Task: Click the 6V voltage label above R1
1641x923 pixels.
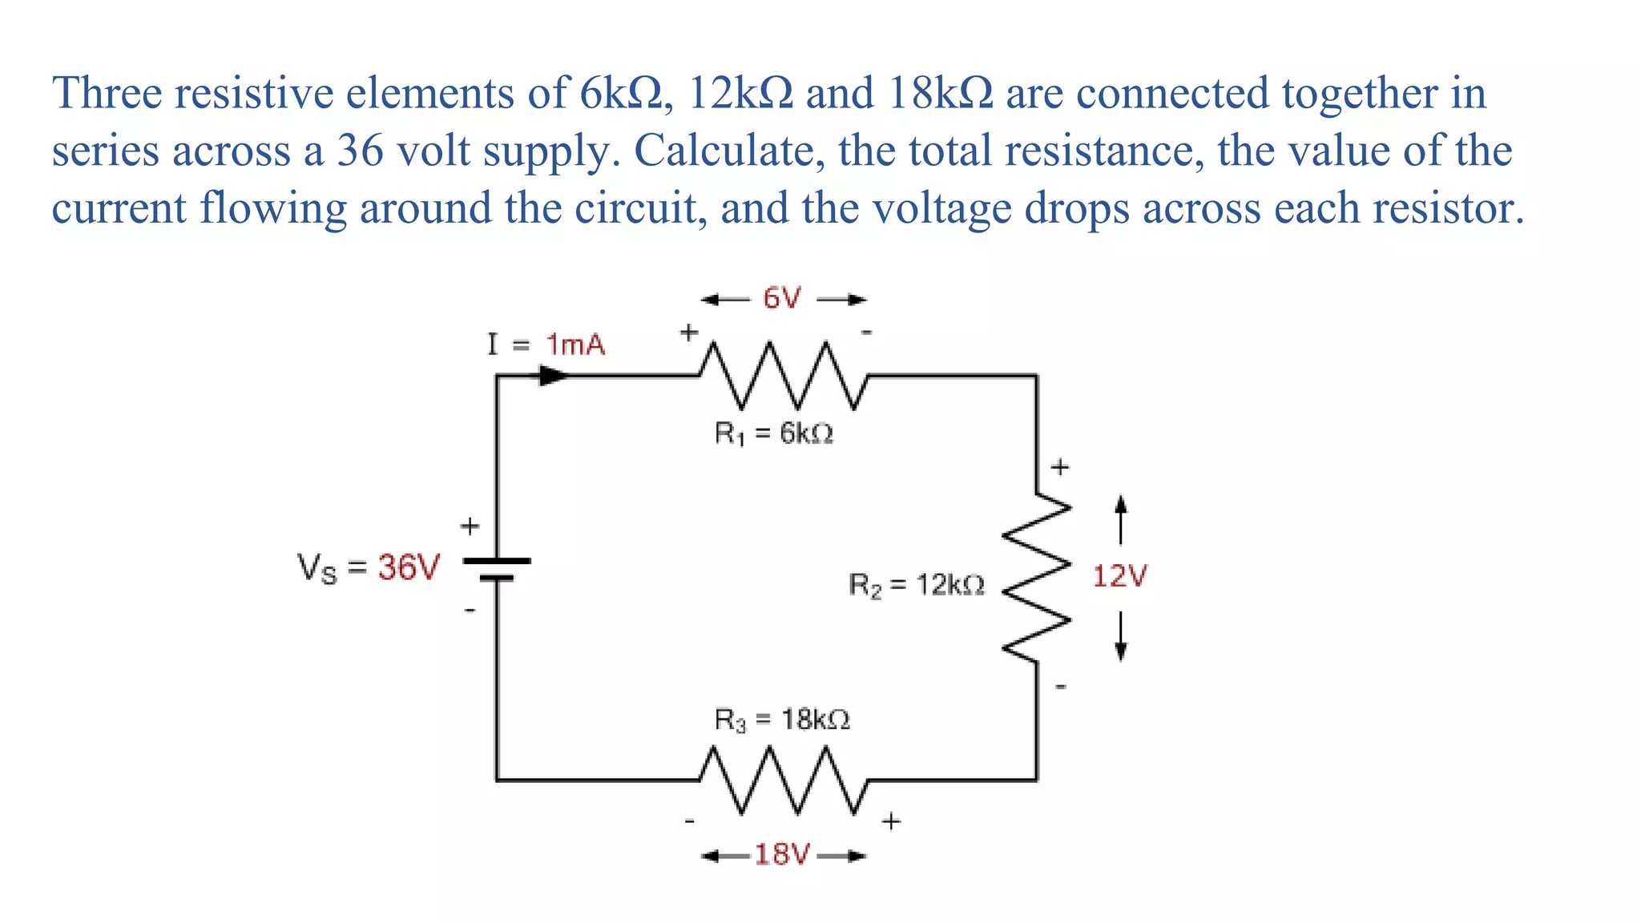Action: point(781,299)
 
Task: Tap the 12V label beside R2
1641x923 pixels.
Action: point(1119,576)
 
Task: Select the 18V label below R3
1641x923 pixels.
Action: point(782,855)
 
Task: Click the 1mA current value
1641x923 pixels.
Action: point(575,345)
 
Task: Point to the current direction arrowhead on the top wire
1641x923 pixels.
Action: point(554,375)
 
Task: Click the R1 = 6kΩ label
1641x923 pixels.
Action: point(774,434)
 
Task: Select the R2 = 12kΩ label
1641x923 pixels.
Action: point(917,586)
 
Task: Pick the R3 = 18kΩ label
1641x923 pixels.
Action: point(782,719)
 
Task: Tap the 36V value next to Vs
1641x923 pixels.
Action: point(409,568)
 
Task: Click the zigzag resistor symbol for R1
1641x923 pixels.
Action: point(783,375)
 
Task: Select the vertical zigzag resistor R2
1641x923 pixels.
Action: point(1037,578)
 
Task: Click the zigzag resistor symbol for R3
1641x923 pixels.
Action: point(783,780)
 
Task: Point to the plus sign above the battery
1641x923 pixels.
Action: point(470,526)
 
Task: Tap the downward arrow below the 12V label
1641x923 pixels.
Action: point(1121,638)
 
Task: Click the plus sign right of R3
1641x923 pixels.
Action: point(891,821)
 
